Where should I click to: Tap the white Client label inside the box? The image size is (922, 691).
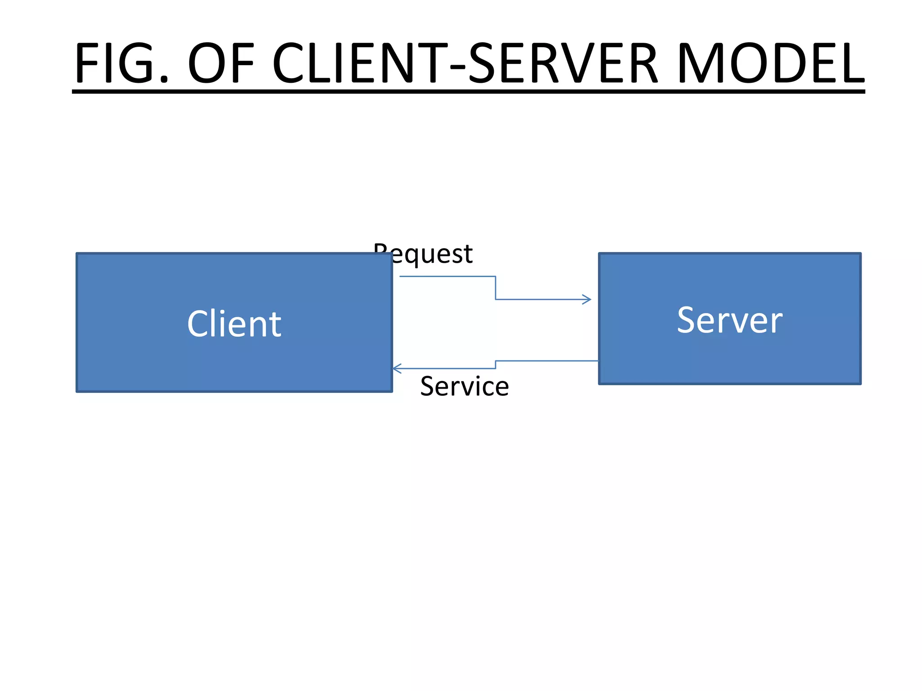click(234, 324)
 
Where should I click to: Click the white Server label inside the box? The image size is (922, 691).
click(730, 320)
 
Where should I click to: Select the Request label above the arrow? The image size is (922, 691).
click(423, 254)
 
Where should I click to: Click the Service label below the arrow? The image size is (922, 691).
click(464, 386)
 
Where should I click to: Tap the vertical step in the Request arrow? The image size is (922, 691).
click(496, 288)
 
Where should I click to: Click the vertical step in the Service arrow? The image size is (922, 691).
click(496, 365)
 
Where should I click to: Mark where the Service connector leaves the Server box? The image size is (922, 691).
click(598, 361)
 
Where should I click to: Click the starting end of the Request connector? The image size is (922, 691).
click(401, 276)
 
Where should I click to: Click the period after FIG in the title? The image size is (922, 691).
click(164, 80)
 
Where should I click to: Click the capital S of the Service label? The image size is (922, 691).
click(428, 386)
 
